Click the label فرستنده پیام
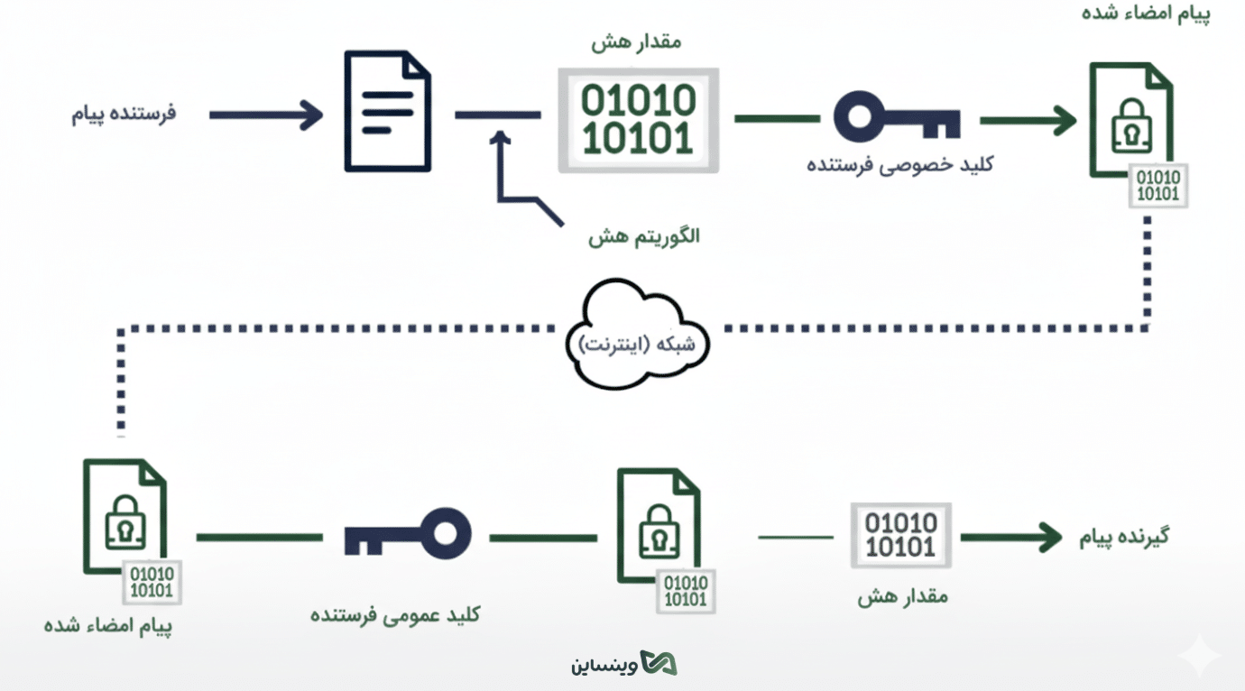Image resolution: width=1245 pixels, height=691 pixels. [x=124, y=115]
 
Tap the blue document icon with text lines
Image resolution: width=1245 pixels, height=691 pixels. [x=387, y=111]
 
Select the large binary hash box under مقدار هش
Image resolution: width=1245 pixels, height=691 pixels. [x=638, y=119]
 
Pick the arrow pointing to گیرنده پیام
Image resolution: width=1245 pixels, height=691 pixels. [x=1011, y=537]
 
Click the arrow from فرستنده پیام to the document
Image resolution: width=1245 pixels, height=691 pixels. [x=265, y=115]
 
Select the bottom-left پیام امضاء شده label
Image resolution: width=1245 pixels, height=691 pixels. [x=108, y=625]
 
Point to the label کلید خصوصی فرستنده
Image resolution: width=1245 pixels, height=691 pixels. [x=899, y=166]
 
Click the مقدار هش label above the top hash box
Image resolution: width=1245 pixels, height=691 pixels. [x=637, y=42]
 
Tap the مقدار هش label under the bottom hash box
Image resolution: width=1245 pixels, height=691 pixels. [x=902, y=596]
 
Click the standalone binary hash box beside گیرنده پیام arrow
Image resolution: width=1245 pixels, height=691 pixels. [x=900, y=535]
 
